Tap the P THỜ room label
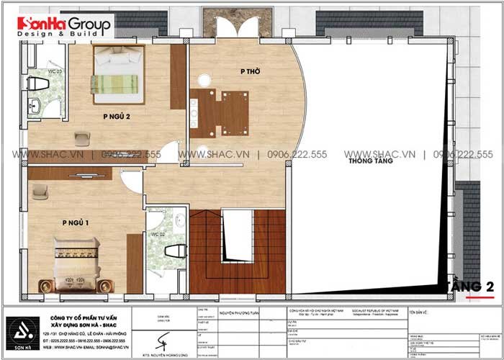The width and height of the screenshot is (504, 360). coord(250,71)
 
